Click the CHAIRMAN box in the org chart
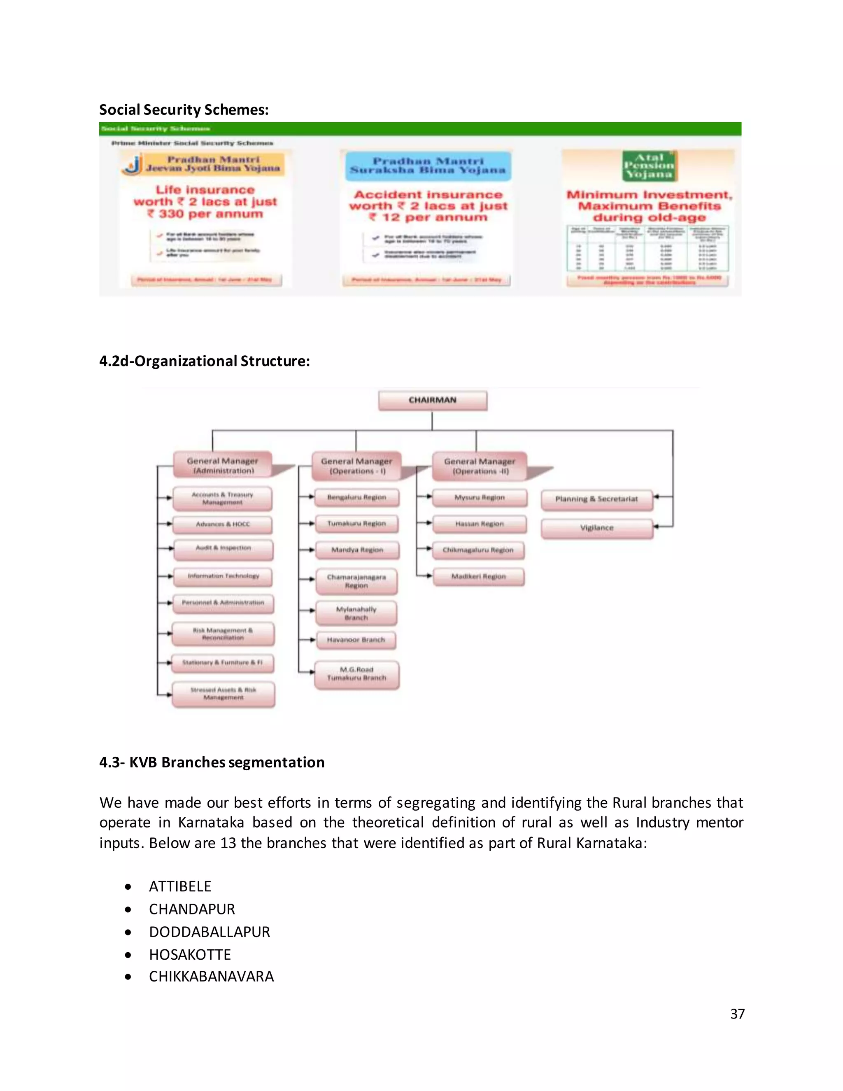tap(433, 401)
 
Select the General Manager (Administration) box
tap(223, 465)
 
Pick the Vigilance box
tap(597, 528)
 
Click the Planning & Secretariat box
tap(597, 499)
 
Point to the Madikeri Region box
tap(478, 576)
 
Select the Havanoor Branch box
tap(356, 640)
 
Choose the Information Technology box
tap(223, 576)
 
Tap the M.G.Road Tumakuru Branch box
tap(356, 674)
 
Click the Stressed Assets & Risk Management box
tap(223, 694)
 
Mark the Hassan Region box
tap(480, 524)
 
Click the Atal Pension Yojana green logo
tap(649, 166)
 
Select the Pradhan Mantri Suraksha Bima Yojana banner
tap(428, 166)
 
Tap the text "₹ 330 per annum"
tap(205, 214)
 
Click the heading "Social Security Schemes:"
tap(184, 110)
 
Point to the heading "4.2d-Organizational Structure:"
tap(204, 361)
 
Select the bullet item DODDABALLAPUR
tap(209, 932)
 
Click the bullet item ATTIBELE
tap(180, 886)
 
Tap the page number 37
tap(737, 1014)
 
